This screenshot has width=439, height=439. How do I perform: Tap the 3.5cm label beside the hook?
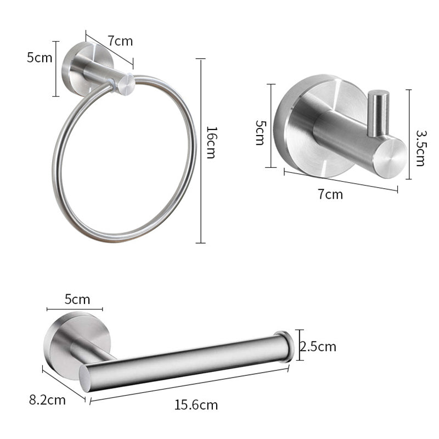(420, 148)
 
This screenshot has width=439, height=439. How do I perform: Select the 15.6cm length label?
(196, 405)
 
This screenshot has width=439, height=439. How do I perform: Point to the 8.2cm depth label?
(47, 399)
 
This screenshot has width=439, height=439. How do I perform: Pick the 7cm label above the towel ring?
(120, 41)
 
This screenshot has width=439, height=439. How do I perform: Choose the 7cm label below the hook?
(330, 194)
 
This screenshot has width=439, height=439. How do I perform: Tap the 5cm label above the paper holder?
(77, 299)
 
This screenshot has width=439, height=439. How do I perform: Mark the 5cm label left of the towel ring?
(40, 57)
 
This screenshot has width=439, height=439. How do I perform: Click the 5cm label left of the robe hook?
(260, 132)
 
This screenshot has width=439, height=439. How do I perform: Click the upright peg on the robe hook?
(378, 112)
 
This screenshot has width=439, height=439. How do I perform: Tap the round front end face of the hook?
(390, 157)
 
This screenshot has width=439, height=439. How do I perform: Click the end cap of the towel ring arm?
(126, 85)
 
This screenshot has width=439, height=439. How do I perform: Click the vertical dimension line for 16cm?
(201, 151)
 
